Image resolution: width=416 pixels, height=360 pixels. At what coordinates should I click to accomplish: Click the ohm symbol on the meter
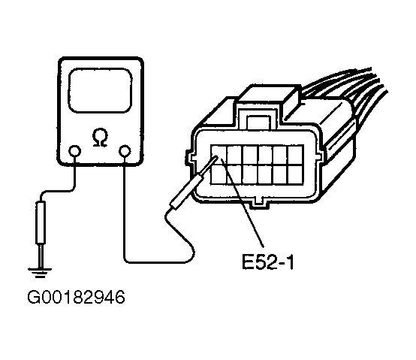pos(100,138)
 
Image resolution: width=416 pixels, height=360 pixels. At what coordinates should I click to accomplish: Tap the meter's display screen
pos(101,90)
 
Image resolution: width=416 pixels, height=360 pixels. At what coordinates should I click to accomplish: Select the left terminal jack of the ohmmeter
pos(74,151)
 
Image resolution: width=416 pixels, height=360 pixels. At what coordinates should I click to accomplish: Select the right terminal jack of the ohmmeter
pos(125,151)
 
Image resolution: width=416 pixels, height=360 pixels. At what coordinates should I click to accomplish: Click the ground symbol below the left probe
pos(40,273)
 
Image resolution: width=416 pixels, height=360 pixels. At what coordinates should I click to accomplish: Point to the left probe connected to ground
pos(41,222)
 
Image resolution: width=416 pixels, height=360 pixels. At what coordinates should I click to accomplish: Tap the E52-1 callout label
pos(268,262)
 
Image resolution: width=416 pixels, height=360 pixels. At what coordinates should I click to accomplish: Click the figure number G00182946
pos(76,297)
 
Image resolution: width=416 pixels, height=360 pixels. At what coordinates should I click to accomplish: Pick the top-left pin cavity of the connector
pos(219,155)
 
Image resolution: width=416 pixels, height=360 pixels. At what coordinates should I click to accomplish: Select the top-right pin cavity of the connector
pos(295,155)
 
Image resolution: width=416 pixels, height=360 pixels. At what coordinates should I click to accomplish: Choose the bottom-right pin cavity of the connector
pos(295,174)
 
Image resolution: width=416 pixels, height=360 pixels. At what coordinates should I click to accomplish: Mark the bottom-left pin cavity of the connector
pos(219,174)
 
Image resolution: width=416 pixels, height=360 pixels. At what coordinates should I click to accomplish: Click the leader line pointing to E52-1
pos(243,203)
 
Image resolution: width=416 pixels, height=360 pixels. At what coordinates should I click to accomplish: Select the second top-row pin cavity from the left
pos(234,155)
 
